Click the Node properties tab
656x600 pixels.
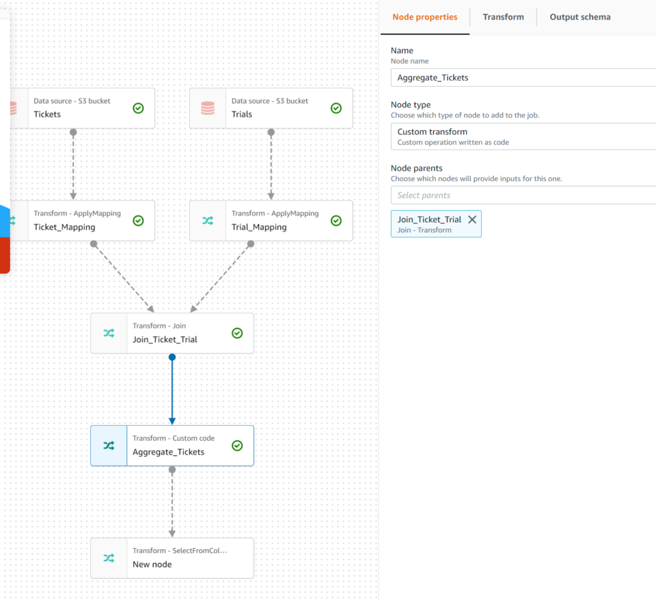point(424,17)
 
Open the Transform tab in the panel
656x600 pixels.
point(503,17)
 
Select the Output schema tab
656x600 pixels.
point(579,17)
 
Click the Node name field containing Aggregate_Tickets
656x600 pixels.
point(523,78)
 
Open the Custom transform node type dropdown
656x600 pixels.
point(523,137)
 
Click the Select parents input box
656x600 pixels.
point(523,195)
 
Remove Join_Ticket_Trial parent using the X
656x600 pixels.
point(472,220)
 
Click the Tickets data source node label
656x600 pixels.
point(47,114)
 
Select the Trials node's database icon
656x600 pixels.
point(208,108)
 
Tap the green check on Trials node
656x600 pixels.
point(336,108)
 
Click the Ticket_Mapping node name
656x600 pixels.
point(64,227)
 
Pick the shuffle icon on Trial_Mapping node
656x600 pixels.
point(208,220)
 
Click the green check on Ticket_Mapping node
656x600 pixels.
point(138,220)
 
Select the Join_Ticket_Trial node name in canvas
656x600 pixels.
point(165,339)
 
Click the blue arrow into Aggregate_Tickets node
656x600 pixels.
point(172,389)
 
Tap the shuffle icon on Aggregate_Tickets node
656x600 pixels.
point(109,446)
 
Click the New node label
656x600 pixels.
point(152,565)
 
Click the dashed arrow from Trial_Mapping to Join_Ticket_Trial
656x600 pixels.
point(221,276)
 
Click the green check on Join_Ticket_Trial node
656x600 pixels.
point(237,333)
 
